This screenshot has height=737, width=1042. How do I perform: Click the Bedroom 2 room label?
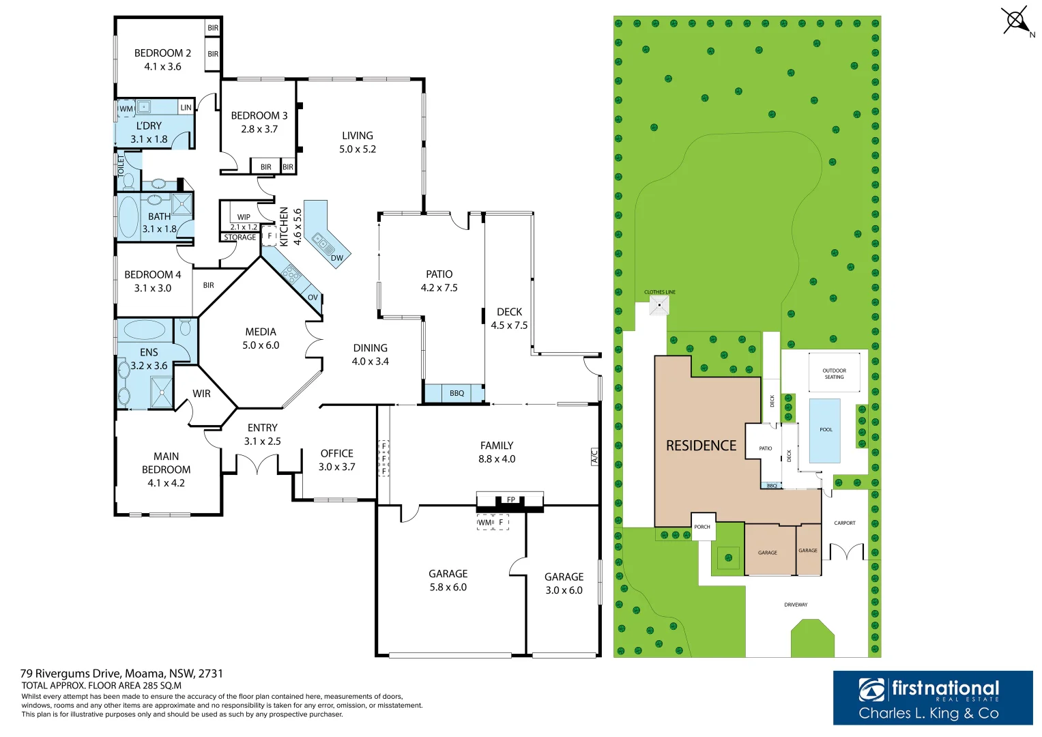coord(162,53)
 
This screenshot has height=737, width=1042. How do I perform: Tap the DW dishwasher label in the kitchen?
coord(337,258)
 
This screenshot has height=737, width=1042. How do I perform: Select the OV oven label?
coord(313,298)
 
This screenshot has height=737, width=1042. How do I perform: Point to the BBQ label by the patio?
coord(457,393)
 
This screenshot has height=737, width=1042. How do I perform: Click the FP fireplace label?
coord(511,500)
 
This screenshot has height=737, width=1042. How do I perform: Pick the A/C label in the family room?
coord(594,457)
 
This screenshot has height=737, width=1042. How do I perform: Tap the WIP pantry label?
coord(244,217)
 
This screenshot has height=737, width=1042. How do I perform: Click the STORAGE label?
coord(240,237)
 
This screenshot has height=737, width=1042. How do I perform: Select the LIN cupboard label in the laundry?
coord(186,108)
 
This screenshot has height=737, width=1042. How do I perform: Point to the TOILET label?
coord(121,166)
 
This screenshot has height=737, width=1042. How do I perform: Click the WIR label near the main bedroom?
coord(201,394)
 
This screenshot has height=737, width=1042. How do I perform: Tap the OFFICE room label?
coord(337,453)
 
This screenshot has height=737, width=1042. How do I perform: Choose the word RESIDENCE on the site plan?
coord(701,446)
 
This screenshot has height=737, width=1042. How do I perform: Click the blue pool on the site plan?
coord(825,431)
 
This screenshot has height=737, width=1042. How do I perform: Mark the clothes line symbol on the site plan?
coord(659,305)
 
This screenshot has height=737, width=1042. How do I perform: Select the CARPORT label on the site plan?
coord(845,523)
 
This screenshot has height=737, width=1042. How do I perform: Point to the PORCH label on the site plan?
coord(702,527)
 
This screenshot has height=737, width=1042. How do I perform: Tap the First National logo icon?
coord(871,689)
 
